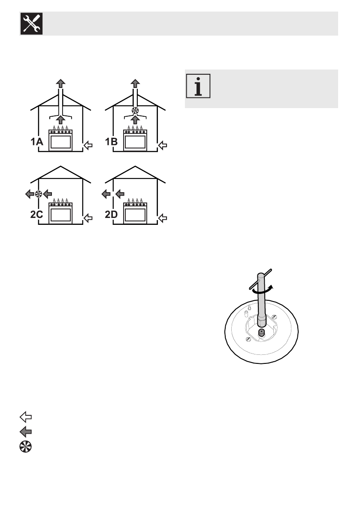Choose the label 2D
tap(113, 216)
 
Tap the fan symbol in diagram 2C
tap(38, 194)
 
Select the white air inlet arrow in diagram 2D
tap(163, 218)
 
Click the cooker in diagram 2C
tap(61, 212)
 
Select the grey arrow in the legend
tap(26, 431)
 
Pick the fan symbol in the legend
tap(26, 446)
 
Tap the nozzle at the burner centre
tap(261, 333)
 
